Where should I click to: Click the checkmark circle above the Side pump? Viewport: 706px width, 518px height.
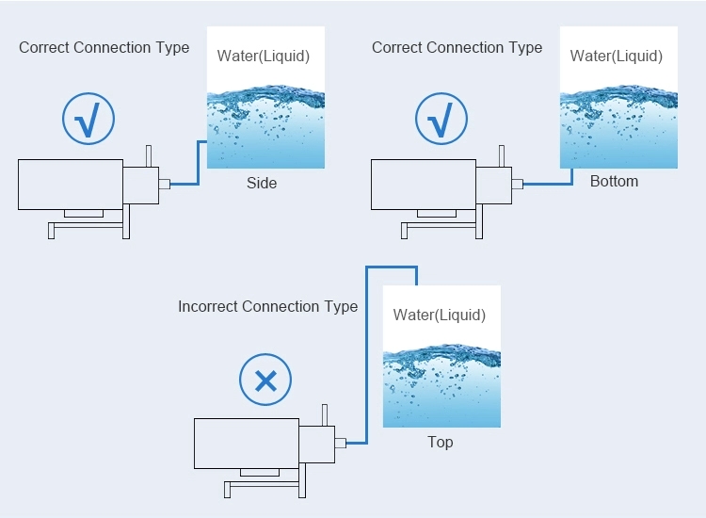[88, 120]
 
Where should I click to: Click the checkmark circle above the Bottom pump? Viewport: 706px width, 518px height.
[441, 120]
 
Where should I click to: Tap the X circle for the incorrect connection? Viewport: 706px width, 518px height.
[265, 380]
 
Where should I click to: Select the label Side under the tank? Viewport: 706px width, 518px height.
[262, 183]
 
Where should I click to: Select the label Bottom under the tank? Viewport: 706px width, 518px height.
[614, 181]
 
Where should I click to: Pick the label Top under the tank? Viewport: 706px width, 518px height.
[440, 442]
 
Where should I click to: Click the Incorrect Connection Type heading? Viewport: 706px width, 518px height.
[267, 306]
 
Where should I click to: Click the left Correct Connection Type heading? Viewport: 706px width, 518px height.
[104, 47]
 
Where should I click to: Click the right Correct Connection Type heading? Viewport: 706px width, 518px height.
[457, 47]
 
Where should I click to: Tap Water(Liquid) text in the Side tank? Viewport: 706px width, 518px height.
[264, 56]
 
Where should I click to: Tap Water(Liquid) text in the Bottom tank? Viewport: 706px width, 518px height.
[617, 56]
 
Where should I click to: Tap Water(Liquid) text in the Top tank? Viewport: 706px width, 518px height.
[440, 315]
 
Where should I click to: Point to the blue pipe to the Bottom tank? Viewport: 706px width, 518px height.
[546, 184]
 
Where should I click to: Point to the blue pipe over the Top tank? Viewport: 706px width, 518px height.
[391, 267]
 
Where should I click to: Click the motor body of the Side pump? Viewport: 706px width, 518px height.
[71, 184]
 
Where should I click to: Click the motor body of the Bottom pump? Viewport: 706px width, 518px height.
[424, 184]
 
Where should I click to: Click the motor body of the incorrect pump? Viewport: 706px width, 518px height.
[246, 443]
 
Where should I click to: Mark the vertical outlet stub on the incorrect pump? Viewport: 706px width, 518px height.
[325, 414]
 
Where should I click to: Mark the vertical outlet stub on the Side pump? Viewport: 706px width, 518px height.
[149, 155]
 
